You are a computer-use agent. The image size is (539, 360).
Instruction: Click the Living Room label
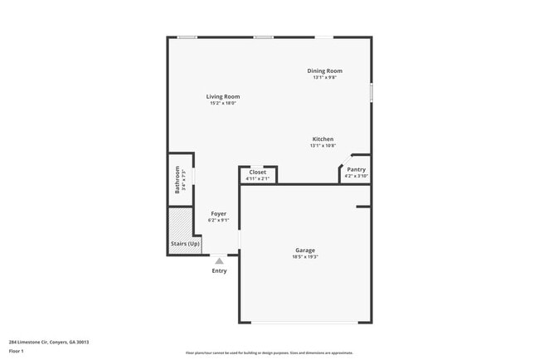[222, 97]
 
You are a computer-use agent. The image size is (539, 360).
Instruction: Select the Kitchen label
[323, 139]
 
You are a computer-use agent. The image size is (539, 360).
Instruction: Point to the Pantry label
[356, 170]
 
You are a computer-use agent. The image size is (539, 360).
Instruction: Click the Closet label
[258, 173]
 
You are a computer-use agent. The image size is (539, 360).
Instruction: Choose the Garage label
[305, 250]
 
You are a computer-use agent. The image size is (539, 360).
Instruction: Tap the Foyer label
[219, 214]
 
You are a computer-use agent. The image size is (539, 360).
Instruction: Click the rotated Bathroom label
[177, 180]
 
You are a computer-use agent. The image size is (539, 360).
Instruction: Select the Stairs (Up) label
[186, 244]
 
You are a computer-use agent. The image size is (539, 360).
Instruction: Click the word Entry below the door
[219, 271]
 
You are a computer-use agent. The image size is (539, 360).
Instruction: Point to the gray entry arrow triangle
[219, 260]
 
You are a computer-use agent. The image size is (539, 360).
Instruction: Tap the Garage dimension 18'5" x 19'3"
[305, 257]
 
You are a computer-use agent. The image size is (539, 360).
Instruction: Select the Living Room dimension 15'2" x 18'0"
[222, 104]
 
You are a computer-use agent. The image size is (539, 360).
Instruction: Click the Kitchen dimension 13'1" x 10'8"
[323, 146]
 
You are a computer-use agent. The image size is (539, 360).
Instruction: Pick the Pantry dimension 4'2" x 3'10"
[356, 176]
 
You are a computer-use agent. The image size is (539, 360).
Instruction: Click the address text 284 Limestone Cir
[49, 342]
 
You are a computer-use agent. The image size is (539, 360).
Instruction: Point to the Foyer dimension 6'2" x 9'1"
[219, 221]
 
